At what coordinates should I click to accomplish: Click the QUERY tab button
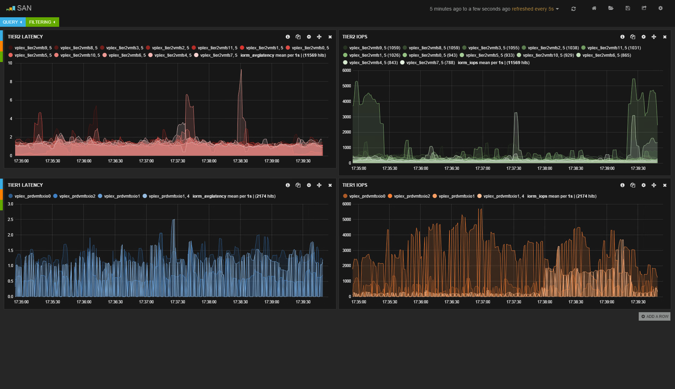(x=13, y=22)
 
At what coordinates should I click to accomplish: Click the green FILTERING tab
(x=42, y=22)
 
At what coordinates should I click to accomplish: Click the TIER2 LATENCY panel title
(x=25, y=37)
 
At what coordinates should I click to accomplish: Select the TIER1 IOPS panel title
(x=355, y=185)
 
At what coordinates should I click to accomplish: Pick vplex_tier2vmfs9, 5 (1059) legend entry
(x=372, y=48)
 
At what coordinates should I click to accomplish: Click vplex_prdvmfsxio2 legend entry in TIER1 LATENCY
(x=74, y=196)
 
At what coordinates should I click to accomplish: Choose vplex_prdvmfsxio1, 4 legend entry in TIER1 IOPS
(x=501, y=196)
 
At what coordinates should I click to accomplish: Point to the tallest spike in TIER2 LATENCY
(x=241, y=70)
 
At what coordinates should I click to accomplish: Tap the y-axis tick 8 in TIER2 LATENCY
(x=11, y=82)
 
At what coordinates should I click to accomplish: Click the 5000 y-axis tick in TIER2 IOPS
(x=347, y=86)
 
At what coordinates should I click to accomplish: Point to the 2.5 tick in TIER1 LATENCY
(x=11, y=220)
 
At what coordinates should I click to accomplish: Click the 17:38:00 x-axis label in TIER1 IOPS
(x=545, y=302)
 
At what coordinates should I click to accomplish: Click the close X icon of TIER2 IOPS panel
(x=665, y=37)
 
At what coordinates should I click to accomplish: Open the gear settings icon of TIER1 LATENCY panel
(x=309, y=185)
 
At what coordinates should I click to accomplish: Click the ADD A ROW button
(x=655, y=316)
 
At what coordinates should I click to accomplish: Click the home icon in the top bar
(x=594, y=8)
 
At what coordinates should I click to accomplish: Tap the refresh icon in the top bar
(x=574, y=9)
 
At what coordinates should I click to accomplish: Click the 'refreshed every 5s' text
(x=533, y=9)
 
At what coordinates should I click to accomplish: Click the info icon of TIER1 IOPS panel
(x=623, y=185)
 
